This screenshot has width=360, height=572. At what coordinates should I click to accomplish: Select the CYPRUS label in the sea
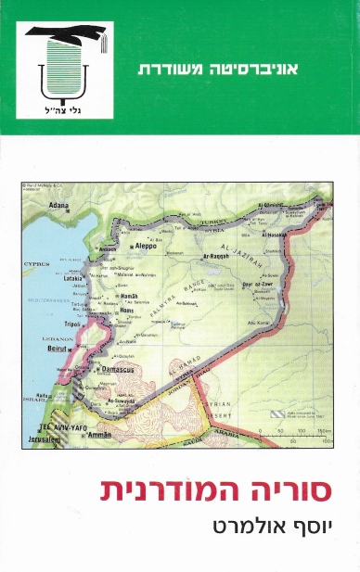pos(37,262)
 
